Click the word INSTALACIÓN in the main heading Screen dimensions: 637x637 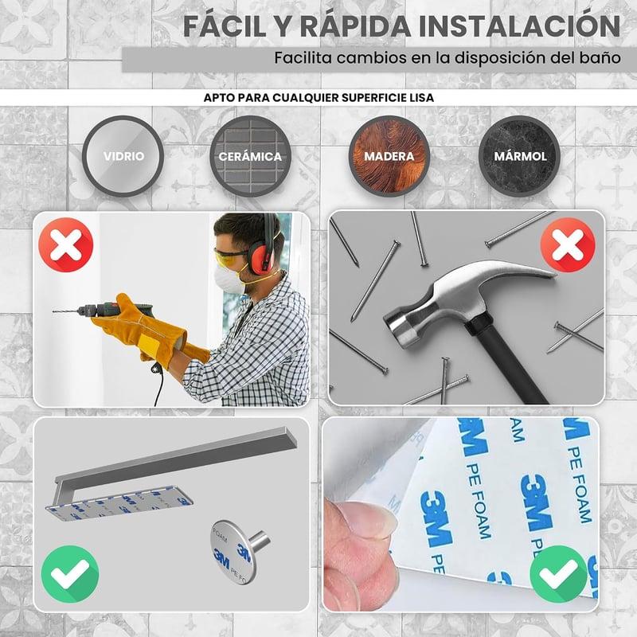519,26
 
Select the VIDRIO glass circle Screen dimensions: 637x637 123,156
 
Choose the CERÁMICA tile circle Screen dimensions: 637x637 250,156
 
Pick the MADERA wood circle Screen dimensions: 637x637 389,156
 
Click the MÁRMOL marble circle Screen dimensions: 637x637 520,156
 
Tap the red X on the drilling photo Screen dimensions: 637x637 66,244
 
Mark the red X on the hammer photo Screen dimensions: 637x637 568,244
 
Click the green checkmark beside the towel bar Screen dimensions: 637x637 70,573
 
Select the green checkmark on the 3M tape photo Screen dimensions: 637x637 559,573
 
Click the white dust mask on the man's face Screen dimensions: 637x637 229,279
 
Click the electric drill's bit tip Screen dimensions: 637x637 53,311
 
